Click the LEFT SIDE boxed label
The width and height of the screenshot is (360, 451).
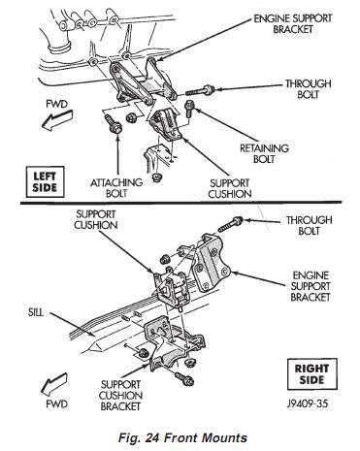[x=45, y=182]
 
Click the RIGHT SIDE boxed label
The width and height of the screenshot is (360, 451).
[x=311, y=374]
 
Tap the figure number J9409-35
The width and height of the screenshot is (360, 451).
[x=308, y=403]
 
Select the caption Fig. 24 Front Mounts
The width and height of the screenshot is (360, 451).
[x=182, y=437]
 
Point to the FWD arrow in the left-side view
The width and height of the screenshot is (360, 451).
[x=57, y=120]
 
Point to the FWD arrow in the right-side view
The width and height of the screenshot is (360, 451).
[x=54, y=384]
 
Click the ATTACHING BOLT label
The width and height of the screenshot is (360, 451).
[x=116, y=188]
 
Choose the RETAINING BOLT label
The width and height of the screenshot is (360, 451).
[x=264, y=153]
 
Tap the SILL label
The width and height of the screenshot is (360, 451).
[x=36, y=312]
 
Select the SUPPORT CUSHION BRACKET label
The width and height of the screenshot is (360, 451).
[x=120, y=396]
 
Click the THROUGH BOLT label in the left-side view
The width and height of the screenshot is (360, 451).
[x=308, y=89]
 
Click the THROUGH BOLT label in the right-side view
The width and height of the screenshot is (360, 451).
[x=309, y=225]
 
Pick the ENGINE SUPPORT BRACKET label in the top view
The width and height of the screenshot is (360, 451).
[x=293, y=23]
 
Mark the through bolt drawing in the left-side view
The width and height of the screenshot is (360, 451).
[x=200, y=90]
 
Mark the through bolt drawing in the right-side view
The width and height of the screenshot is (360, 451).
[x=230, y=224]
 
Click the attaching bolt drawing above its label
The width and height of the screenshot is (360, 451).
[x=113, y=124]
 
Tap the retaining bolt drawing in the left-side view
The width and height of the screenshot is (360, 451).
[x=189, y=110]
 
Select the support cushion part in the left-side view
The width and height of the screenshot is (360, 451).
[x=166, y=125]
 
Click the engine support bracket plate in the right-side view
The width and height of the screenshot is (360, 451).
[x=212, y=264]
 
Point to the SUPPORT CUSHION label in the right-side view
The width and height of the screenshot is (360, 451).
[x=96, y=219]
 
